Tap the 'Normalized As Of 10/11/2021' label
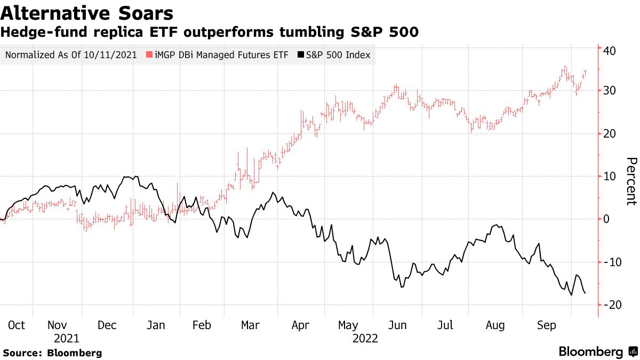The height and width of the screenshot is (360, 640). coord(71,55)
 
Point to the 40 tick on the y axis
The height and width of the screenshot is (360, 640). coord(610,51)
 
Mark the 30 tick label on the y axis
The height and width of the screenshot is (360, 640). coord(610,91)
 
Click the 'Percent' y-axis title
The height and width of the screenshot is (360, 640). coord(631,181)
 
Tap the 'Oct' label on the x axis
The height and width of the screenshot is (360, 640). coord(17,325)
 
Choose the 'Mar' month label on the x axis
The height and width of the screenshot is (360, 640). coord(250,325)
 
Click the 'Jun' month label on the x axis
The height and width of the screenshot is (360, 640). coord(398,325)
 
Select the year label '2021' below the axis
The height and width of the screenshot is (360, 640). coord(67,339)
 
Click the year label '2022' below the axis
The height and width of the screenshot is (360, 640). coord(365,339)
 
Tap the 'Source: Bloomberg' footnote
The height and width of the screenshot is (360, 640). coord(52,353)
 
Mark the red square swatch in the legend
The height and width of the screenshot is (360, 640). coord(150,55)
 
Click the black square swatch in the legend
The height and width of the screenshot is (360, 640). coord(300,55)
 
